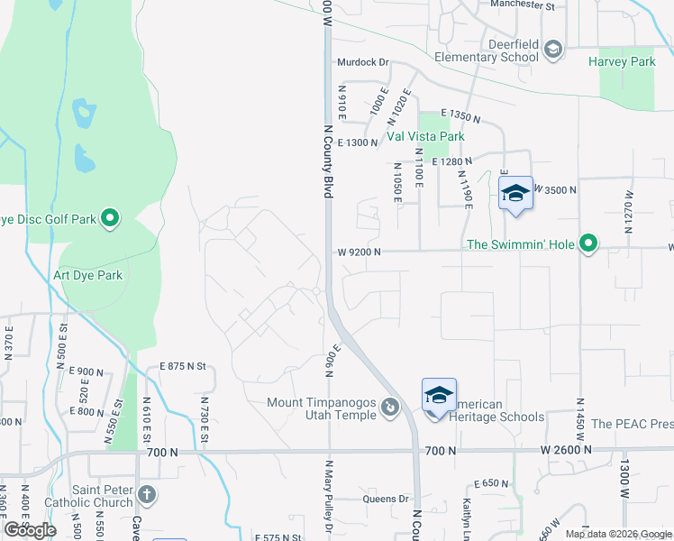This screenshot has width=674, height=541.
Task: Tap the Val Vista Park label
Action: (x=425, y=136)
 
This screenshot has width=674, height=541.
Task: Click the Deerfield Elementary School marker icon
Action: (x=554, y=50)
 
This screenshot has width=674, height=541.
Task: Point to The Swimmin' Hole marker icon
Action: (x=588, y=243)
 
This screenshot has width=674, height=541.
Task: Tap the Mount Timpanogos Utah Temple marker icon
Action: (x=389, y=408)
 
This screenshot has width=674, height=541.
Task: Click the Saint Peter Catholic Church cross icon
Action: (x=146, y=494)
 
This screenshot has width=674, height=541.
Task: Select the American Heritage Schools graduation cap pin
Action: (x=439, y=395)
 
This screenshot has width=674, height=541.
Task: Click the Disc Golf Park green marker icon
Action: (x=110, y=218)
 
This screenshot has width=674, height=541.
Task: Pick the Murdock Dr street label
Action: (x=362, y=62)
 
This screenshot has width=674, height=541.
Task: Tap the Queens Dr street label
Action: (x=386, y=499)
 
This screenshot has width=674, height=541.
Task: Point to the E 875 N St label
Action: (x=184, y=366)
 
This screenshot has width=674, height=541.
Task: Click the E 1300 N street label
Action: (x=357, y=143)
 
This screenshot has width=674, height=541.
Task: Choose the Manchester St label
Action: (x=523, y=5)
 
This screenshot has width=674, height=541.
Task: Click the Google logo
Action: (x=30, y=530)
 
